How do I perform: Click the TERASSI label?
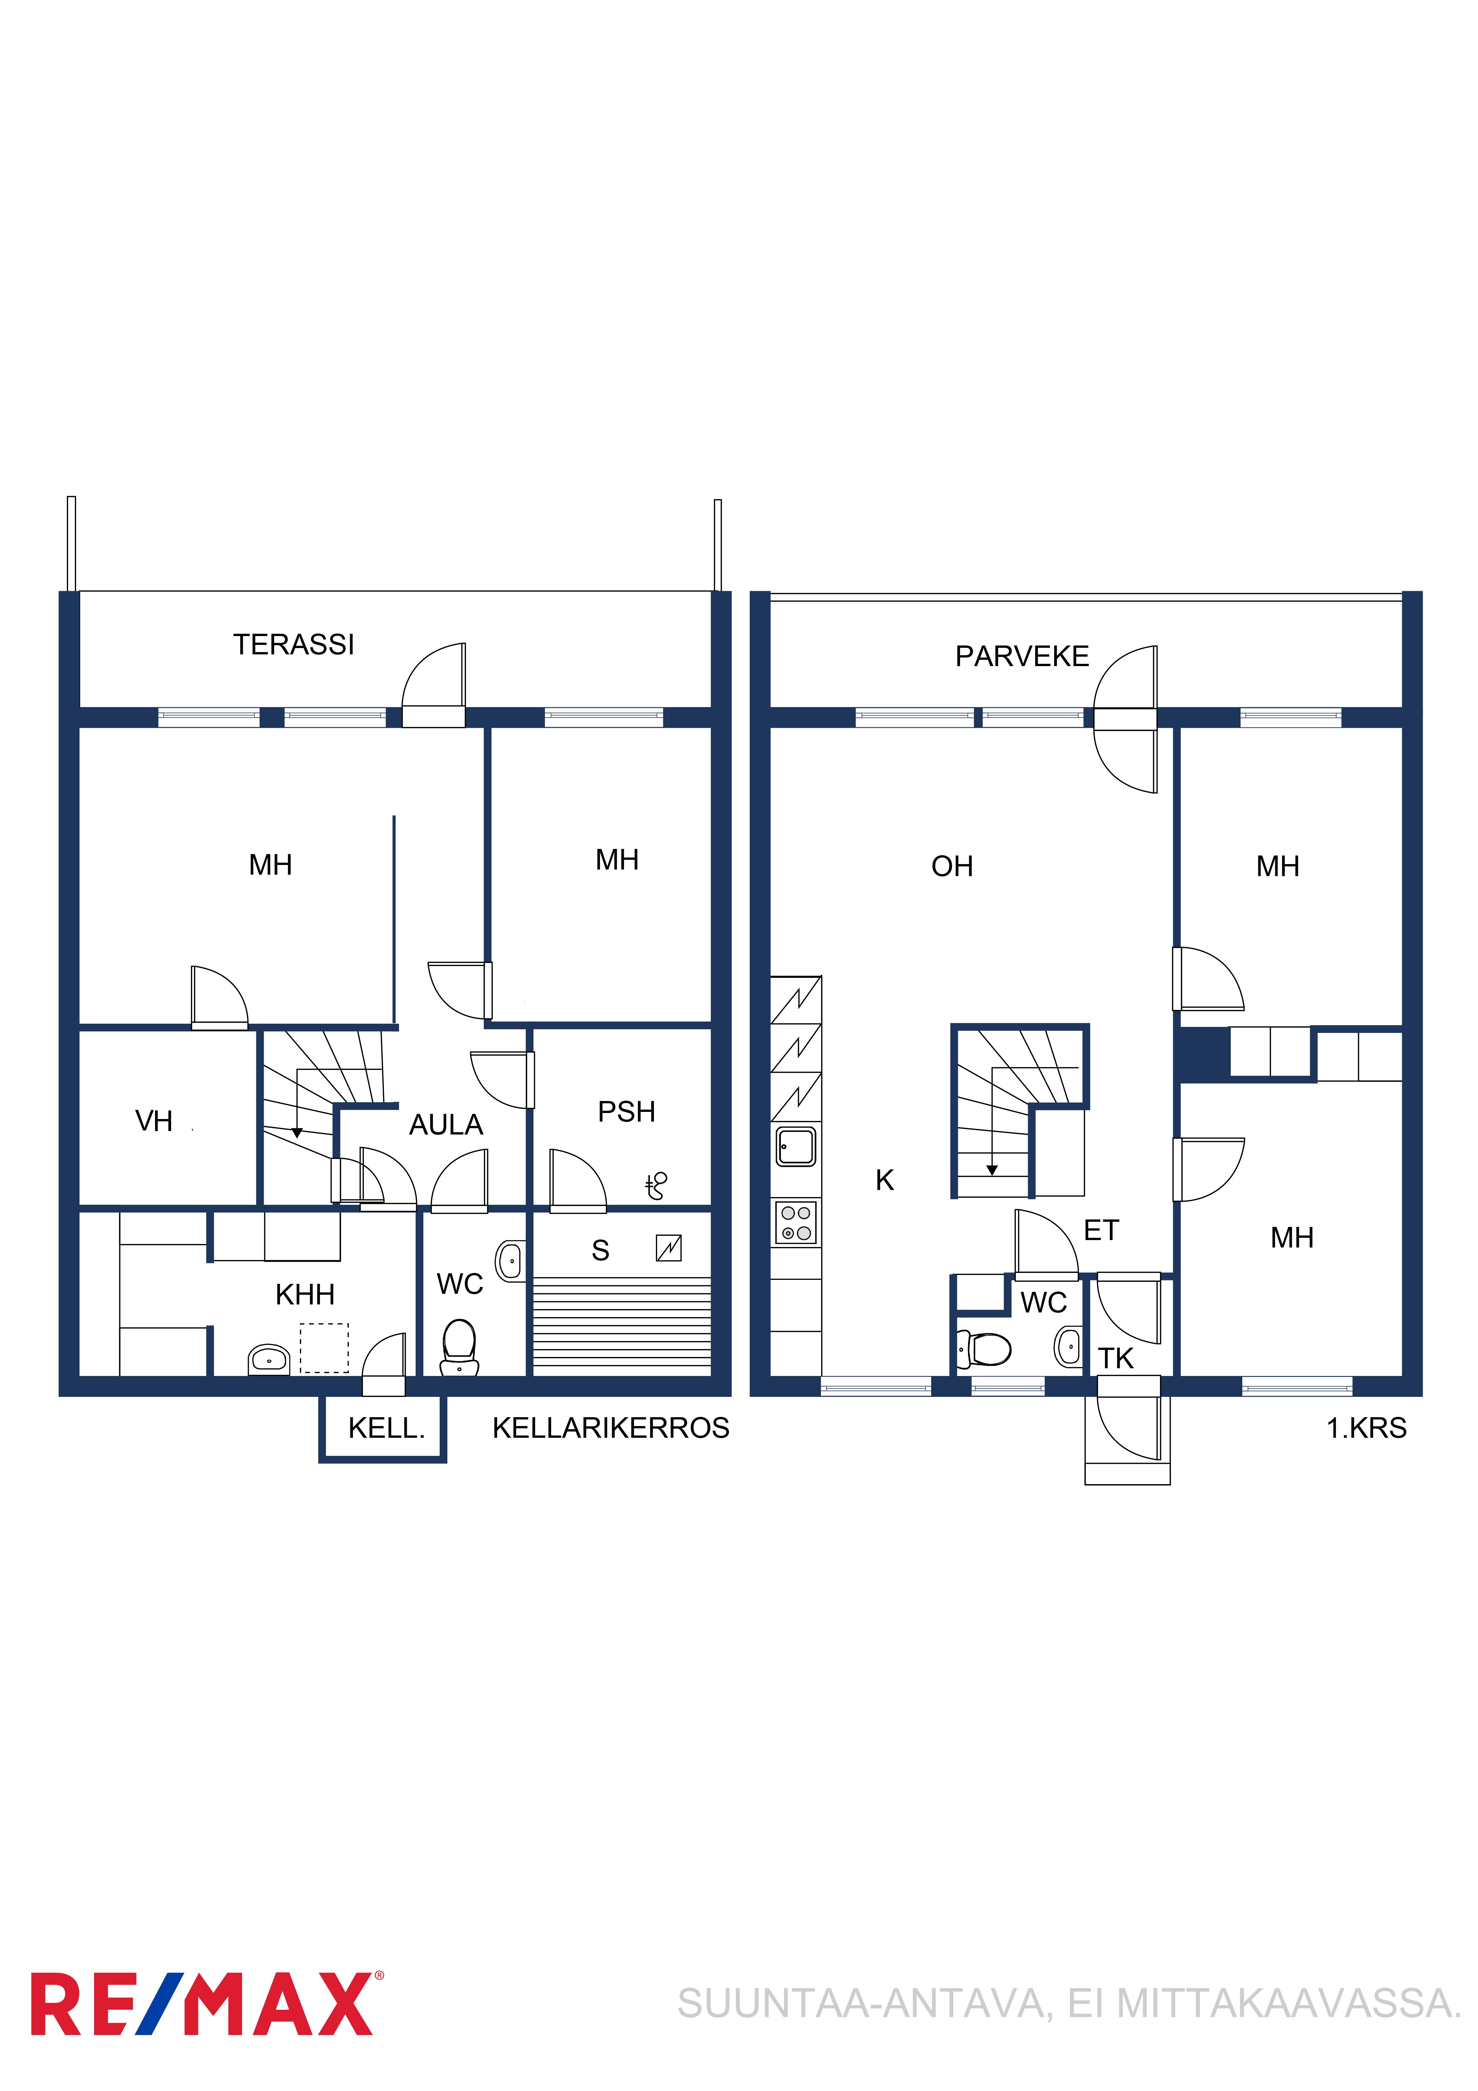(293, 645)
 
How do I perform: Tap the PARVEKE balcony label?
(1022, 657)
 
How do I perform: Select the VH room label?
(154, 1121)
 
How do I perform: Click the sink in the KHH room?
(269, 1360)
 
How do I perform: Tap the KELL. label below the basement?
(386, 1428)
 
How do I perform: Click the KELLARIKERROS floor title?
(611, 1428)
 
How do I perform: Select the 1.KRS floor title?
(1366, 1428)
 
